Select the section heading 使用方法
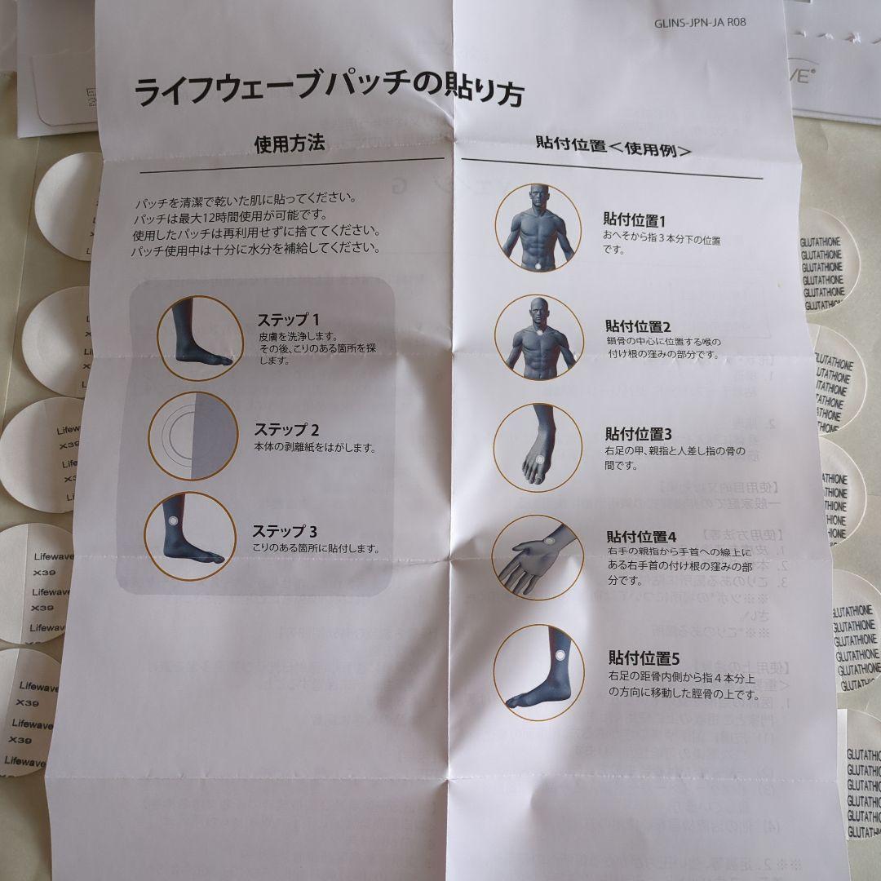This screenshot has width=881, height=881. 290,144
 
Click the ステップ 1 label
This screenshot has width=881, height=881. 289,319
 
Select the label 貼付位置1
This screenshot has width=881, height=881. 635,220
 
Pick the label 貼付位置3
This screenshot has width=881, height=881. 638,434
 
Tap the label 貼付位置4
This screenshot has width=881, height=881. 641,537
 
